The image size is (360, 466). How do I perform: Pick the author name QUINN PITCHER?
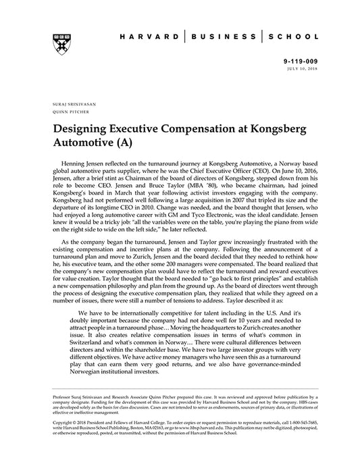tap(66, 112)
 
